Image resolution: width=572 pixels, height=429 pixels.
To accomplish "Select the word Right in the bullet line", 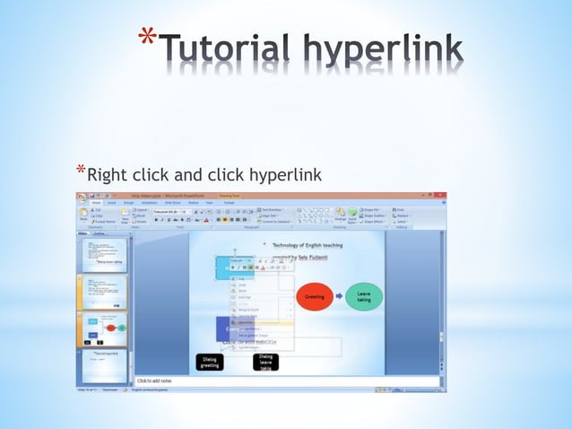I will pos(108,174).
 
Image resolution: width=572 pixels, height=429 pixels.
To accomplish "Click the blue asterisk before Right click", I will pos(81,171).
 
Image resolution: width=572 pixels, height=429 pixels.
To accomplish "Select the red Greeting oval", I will pos(315,295).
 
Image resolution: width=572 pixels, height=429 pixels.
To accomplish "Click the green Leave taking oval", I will pos(364,295).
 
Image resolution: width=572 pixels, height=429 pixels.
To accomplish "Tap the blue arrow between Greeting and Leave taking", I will pos(339,295).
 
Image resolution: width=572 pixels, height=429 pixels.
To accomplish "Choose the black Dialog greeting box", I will pos(209,361).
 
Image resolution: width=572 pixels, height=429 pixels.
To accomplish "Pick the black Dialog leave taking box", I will pos(265,361).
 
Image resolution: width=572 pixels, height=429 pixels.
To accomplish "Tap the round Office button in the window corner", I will pos(82,197).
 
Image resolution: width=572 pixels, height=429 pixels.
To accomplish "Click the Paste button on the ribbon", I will pos(82,214).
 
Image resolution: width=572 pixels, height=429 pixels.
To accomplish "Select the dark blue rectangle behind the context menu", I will pos(223,328).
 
